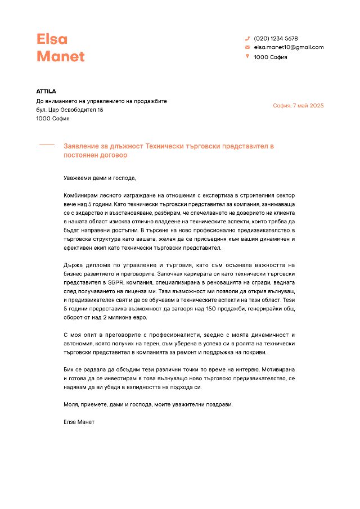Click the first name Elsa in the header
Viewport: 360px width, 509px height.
(x=52, y=39)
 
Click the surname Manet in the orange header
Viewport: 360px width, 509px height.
(x=60, y=56)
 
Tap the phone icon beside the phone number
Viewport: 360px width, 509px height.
(x=247, y=38)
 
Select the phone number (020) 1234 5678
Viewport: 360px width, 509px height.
(x=276, y=38)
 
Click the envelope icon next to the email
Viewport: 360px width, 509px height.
(x=247, y=47)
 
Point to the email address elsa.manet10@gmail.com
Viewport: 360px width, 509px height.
(x=289, y=47)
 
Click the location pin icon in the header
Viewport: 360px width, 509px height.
(x=247, y=56)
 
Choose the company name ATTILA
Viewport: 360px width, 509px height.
(x=46, y=91)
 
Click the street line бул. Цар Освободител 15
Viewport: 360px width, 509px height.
(x=70, y=110)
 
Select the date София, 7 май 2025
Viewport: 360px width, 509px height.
(x=298, y=106)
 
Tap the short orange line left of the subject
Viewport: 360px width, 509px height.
(x=47, y=145)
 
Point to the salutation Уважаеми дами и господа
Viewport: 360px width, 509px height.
(x=100, y=178)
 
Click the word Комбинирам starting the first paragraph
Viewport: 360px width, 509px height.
(x=83, y=195)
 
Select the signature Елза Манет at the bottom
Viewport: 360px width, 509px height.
(x=79, y=422)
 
